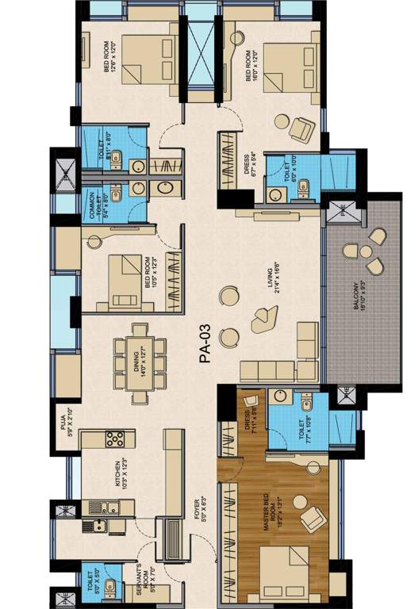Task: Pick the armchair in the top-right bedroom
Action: [x=301, y=128]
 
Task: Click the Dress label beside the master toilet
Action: [x=251, y=426]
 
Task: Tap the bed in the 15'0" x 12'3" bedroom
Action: [x=125, y=279]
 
